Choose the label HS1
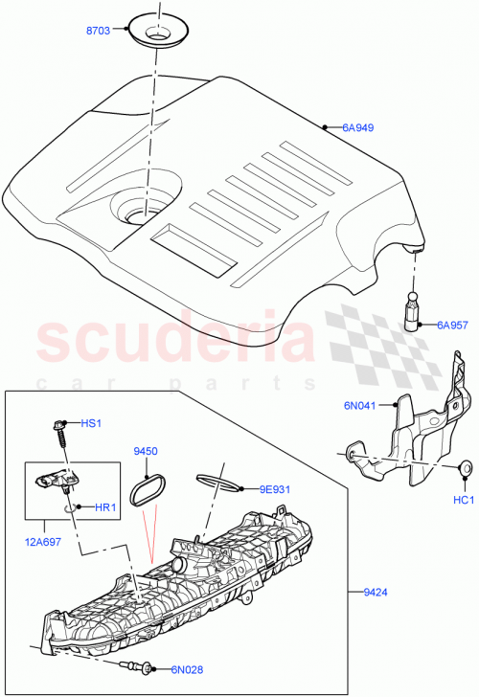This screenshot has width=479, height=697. (x=91, y=422)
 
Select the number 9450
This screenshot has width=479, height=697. (x=146, y=450)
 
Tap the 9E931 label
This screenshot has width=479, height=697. (x=276, y=489)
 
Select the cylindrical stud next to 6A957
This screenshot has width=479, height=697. (x=414, y=310)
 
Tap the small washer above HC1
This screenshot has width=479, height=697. (x=465, y=467)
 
